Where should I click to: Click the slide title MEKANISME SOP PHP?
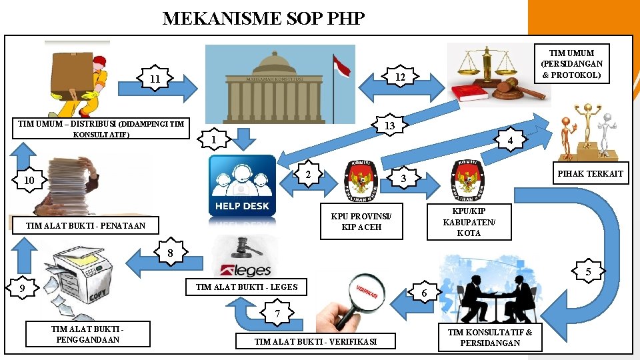pyautogui.click(x=263, y=18)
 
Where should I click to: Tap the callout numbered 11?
pyautogui.click(x=155, y=79)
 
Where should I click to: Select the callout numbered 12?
pyautogui.click(x=399, y=77)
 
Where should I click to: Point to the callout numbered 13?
pyautogui.click(x=390, y=125)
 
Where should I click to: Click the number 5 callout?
pyautogui.click(x=588, y=271)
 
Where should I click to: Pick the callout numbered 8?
pyautogui.click(x=171, y=253)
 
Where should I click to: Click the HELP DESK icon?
pyautogui.click(x=242, y=185)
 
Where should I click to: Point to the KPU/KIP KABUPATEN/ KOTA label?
pyautogui.click(x=469, y=222)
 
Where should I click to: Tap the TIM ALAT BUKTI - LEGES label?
pyautogui.click(x=246, y=287)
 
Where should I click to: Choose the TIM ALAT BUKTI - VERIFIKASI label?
pyautogui.click(x=315, y=341)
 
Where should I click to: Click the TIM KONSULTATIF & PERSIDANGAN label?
pyautogui.click(x=490, y=337)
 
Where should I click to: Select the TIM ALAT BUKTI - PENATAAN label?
pyautogui.click(x=85, y=226)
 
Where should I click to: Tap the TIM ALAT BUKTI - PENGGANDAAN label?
pyautogui.click(x=87, y=334)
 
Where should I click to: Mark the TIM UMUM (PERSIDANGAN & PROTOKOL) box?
pyautogui.click(x=571, y=63)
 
